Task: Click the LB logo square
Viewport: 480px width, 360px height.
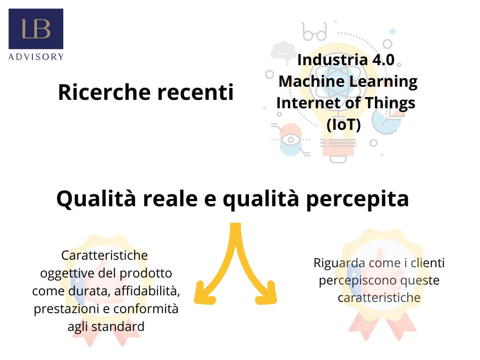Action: point(36,29)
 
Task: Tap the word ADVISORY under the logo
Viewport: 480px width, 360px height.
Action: point(36,57)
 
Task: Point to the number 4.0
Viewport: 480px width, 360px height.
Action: point(383,60)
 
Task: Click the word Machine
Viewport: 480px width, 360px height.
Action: point(312,82)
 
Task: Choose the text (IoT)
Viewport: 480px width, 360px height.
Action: point(344,125)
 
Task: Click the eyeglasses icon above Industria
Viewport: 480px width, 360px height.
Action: point(314,31)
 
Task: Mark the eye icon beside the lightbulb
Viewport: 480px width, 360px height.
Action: point(291,140)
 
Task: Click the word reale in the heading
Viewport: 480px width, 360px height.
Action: point(171,199)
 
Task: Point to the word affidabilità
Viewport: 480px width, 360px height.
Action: point(147,291)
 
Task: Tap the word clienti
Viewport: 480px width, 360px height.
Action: point(427,262)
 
